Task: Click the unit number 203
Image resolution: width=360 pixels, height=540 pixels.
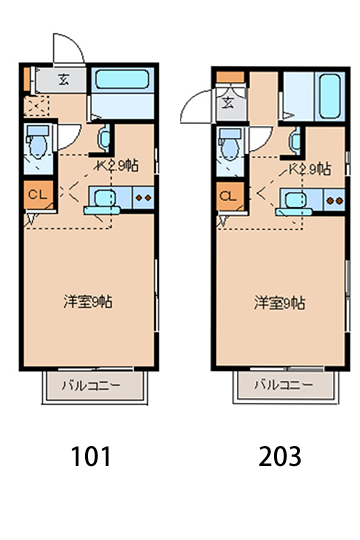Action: pos(278,457)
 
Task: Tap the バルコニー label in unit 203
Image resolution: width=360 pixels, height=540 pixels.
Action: pos(279,384)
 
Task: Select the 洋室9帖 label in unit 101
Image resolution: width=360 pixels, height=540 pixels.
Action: pos(88,300)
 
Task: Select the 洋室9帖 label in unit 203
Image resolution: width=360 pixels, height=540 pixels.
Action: pos(279,301)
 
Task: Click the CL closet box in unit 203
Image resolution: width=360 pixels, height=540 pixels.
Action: pos(227,196)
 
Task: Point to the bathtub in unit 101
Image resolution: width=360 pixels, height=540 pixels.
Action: pos(122,83)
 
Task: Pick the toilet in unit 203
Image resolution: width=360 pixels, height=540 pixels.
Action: pos(228,146)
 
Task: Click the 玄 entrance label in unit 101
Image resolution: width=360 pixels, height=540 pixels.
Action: pos(62,81)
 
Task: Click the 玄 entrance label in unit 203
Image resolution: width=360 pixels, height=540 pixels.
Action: pos(227,101)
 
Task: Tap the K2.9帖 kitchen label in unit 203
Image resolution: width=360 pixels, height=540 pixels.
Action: pos(309,169)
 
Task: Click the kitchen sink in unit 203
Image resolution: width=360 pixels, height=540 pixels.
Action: pos(293,201)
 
